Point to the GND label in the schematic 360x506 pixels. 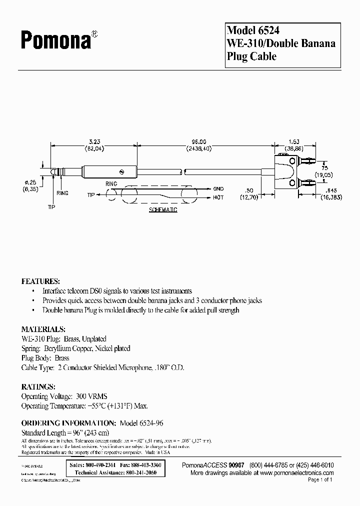[219, 189]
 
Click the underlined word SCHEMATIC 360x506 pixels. [163, 210]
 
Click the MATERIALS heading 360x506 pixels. [43, 329]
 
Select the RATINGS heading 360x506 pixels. [37, 387]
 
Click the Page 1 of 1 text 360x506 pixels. [320, 480]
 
